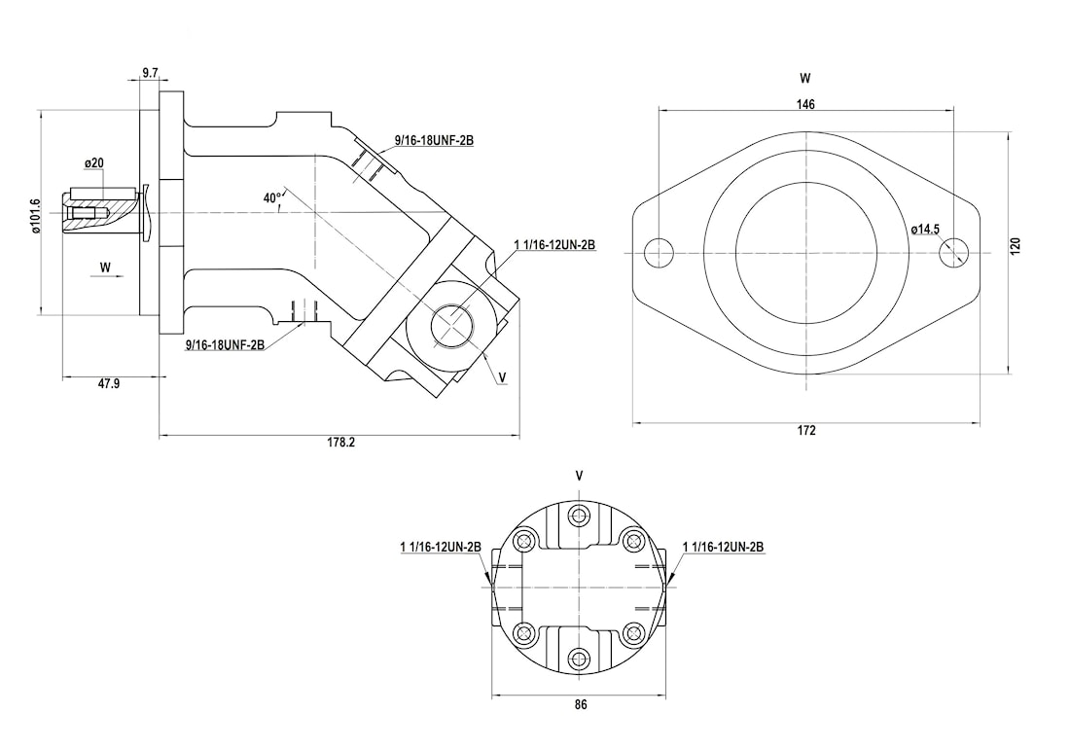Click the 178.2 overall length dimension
tap(340, 443)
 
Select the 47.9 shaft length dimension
tap(109, 384)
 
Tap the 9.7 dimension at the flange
tap(150, 73)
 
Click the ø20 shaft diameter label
tap(94, 161)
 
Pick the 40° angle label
tap(272, 197)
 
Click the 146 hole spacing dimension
tap(805, 103)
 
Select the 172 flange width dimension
tap(805, 430)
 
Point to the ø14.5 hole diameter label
tap(925, 230)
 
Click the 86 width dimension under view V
tap(581, 704)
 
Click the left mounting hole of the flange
tap(660, 253)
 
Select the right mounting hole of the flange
tap(953, 253)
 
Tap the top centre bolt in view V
tap(581, 515)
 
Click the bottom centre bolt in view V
tap(581, 657)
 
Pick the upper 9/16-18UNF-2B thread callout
tap(434, 141)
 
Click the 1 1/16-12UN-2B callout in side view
tap(553, 245)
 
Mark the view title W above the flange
tap(804, 77)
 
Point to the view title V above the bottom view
tap(580, 477)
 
